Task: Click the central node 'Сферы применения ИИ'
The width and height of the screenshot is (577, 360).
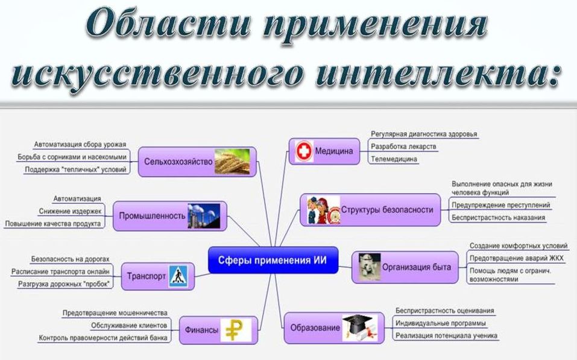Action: click(x=273, y=260)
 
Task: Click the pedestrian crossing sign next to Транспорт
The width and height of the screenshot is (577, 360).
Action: click(x=177, y=276)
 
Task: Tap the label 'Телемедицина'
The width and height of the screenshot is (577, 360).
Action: click(x=394, y=159)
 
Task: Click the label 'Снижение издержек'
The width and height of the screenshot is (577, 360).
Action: click(x=70, y=211)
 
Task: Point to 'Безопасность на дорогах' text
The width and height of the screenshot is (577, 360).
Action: click(x=71, y=259)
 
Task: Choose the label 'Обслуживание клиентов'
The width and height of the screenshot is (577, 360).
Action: click(x=129, y=326)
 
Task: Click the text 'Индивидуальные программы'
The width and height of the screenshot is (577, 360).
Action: click(x=441, y=323)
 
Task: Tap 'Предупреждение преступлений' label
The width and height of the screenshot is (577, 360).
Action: click(x=500, y=205)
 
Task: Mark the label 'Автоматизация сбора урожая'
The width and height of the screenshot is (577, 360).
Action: click(x=80, y=145)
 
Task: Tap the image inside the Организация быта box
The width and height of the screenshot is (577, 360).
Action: click(x=368, y=266)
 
